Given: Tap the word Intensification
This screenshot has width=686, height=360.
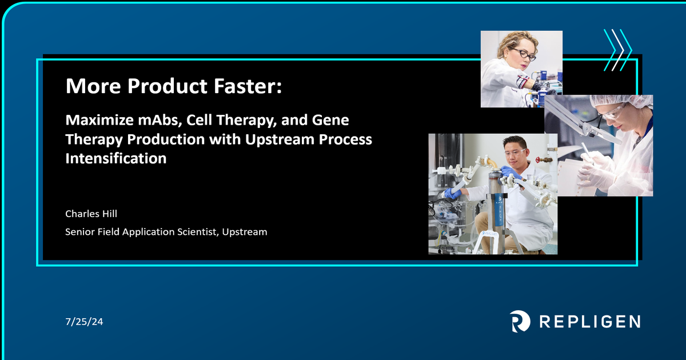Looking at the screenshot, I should pos(115,158).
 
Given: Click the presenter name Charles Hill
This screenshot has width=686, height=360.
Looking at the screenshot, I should pos(91,214).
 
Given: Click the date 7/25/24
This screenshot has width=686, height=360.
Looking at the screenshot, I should pos(84,322).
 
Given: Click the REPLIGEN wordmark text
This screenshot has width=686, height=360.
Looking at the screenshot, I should pos(589,321).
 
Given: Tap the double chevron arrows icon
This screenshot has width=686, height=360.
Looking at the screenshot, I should pos(619,50).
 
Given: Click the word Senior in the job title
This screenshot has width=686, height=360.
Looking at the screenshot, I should pos(79,232).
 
